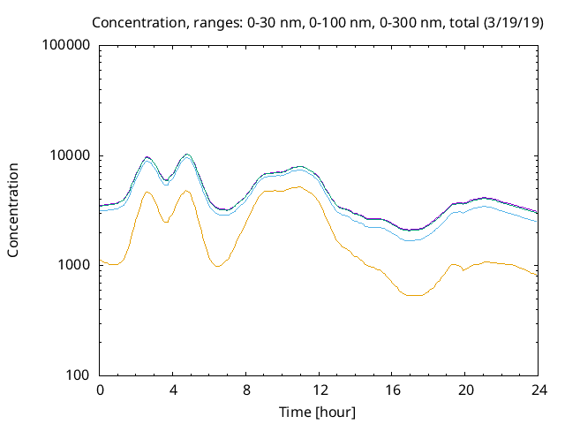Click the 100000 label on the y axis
(66, 46)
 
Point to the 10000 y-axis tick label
(70, 155)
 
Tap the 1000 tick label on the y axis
(73, 265)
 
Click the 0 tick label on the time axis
(100, 390)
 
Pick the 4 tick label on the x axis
(173, 390)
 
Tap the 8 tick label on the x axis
(246, 390)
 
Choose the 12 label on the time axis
(319, 390)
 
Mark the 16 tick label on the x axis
(392, 390)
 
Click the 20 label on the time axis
(465, 390)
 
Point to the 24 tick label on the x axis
(538, 390)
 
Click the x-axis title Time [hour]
(319, 411)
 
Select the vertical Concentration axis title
(13, 209)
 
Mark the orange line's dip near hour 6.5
(217, 266)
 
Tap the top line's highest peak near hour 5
(186, 155)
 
